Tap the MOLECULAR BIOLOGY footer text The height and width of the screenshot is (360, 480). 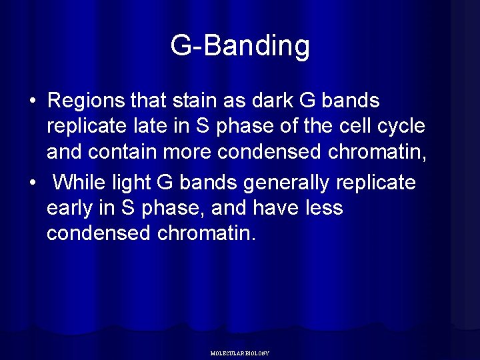coord(239,353)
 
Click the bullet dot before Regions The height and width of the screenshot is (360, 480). coord(31,102)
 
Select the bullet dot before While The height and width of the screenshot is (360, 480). coord(31,183)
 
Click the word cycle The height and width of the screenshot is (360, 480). coord(407,127)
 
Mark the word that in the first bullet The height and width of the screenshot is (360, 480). coord(149,101)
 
